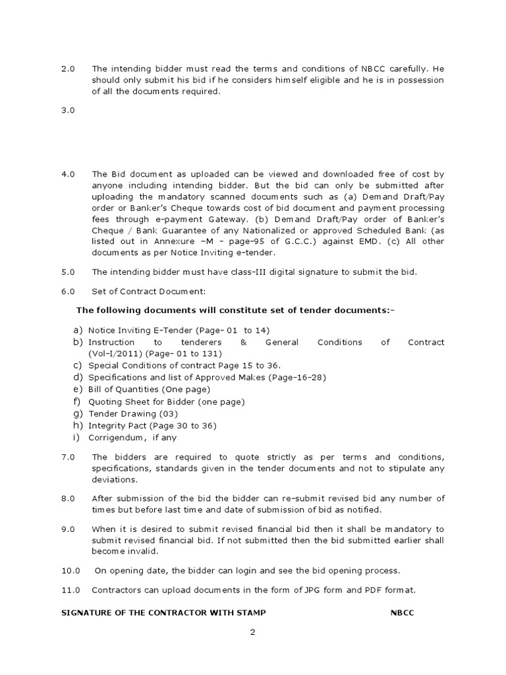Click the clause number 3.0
coord(69,111)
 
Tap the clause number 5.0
coord(69,272)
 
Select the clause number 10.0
coord(70,570)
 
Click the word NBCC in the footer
coord(402,612)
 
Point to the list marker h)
coord(78,425)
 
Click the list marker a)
coord(78,330)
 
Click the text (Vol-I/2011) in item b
coord(113,353)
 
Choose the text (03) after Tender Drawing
coord(168,413)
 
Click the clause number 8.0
coord(69,498)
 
